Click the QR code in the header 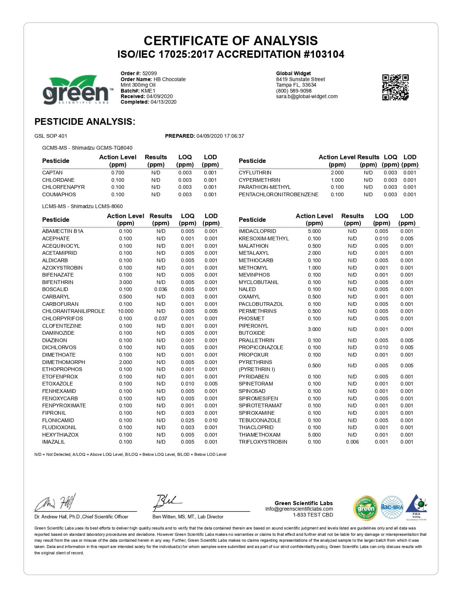tap(395, 87)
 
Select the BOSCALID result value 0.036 tap(161, 289)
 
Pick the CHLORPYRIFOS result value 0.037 tap(161, 318)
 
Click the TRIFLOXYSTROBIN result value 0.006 tap(352, 442)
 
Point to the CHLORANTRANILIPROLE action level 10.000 tap(125, 311)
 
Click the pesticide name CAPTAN tap(52, 173)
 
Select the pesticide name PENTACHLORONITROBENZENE tap(278, 194)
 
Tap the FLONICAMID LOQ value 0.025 tap(187, 420)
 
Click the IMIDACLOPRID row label tap(257, 231)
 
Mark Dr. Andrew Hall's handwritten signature tap(56, 503)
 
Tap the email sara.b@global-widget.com tap(307, 96)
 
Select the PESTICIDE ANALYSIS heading tap(85, 121)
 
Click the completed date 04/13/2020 tap(163, 102)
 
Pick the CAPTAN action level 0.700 tap(118, 173)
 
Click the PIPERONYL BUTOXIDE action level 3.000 tap(314, 329)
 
